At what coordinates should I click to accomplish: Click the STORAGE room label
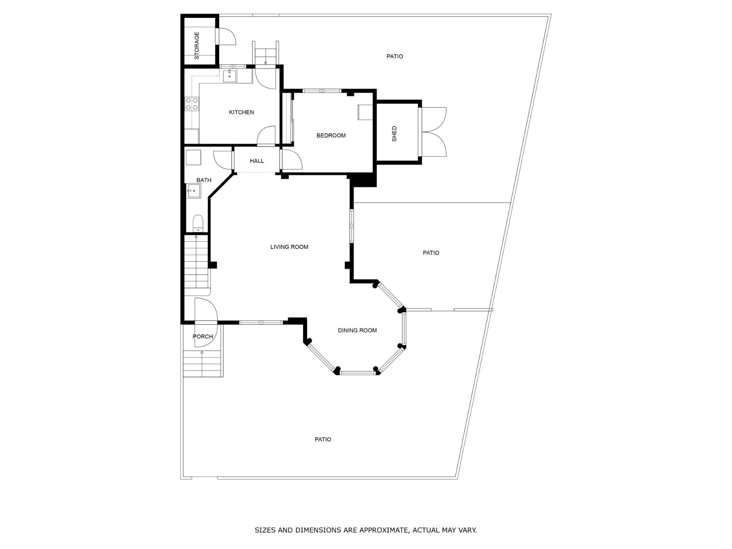click(197, 45)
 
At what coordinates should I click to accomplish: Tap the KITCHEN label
click(241, 112)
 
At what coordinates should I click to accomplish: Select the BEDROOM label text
click(331, 135)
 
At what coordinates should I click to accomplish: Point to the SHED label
click(394, 134)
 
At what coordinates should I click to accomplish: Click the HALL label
click(257, 161)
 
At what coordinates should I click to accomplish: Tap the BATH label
click(204, 180)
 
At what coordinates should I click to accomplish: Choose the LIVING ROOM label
click(289, 247)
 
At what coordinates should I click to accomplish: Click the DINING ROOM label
click(357, 330)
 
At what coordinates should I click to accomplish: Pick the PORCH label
click(203, 337)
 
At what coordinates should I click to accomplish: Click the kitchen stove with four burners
click(192, 104)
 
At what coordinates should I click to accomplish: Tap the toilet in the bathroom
click(198, 223)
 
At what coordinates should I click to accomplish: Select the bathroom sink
click(193, 191)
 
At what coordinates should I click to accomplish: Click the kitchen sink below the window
click(229, 75)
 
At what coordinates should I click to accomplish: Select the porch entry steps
click(203, 363)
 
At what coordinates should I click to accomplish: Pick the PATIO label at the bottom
click(323, 440)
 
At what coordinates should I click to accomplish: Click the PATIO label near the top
click(394, 56)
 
